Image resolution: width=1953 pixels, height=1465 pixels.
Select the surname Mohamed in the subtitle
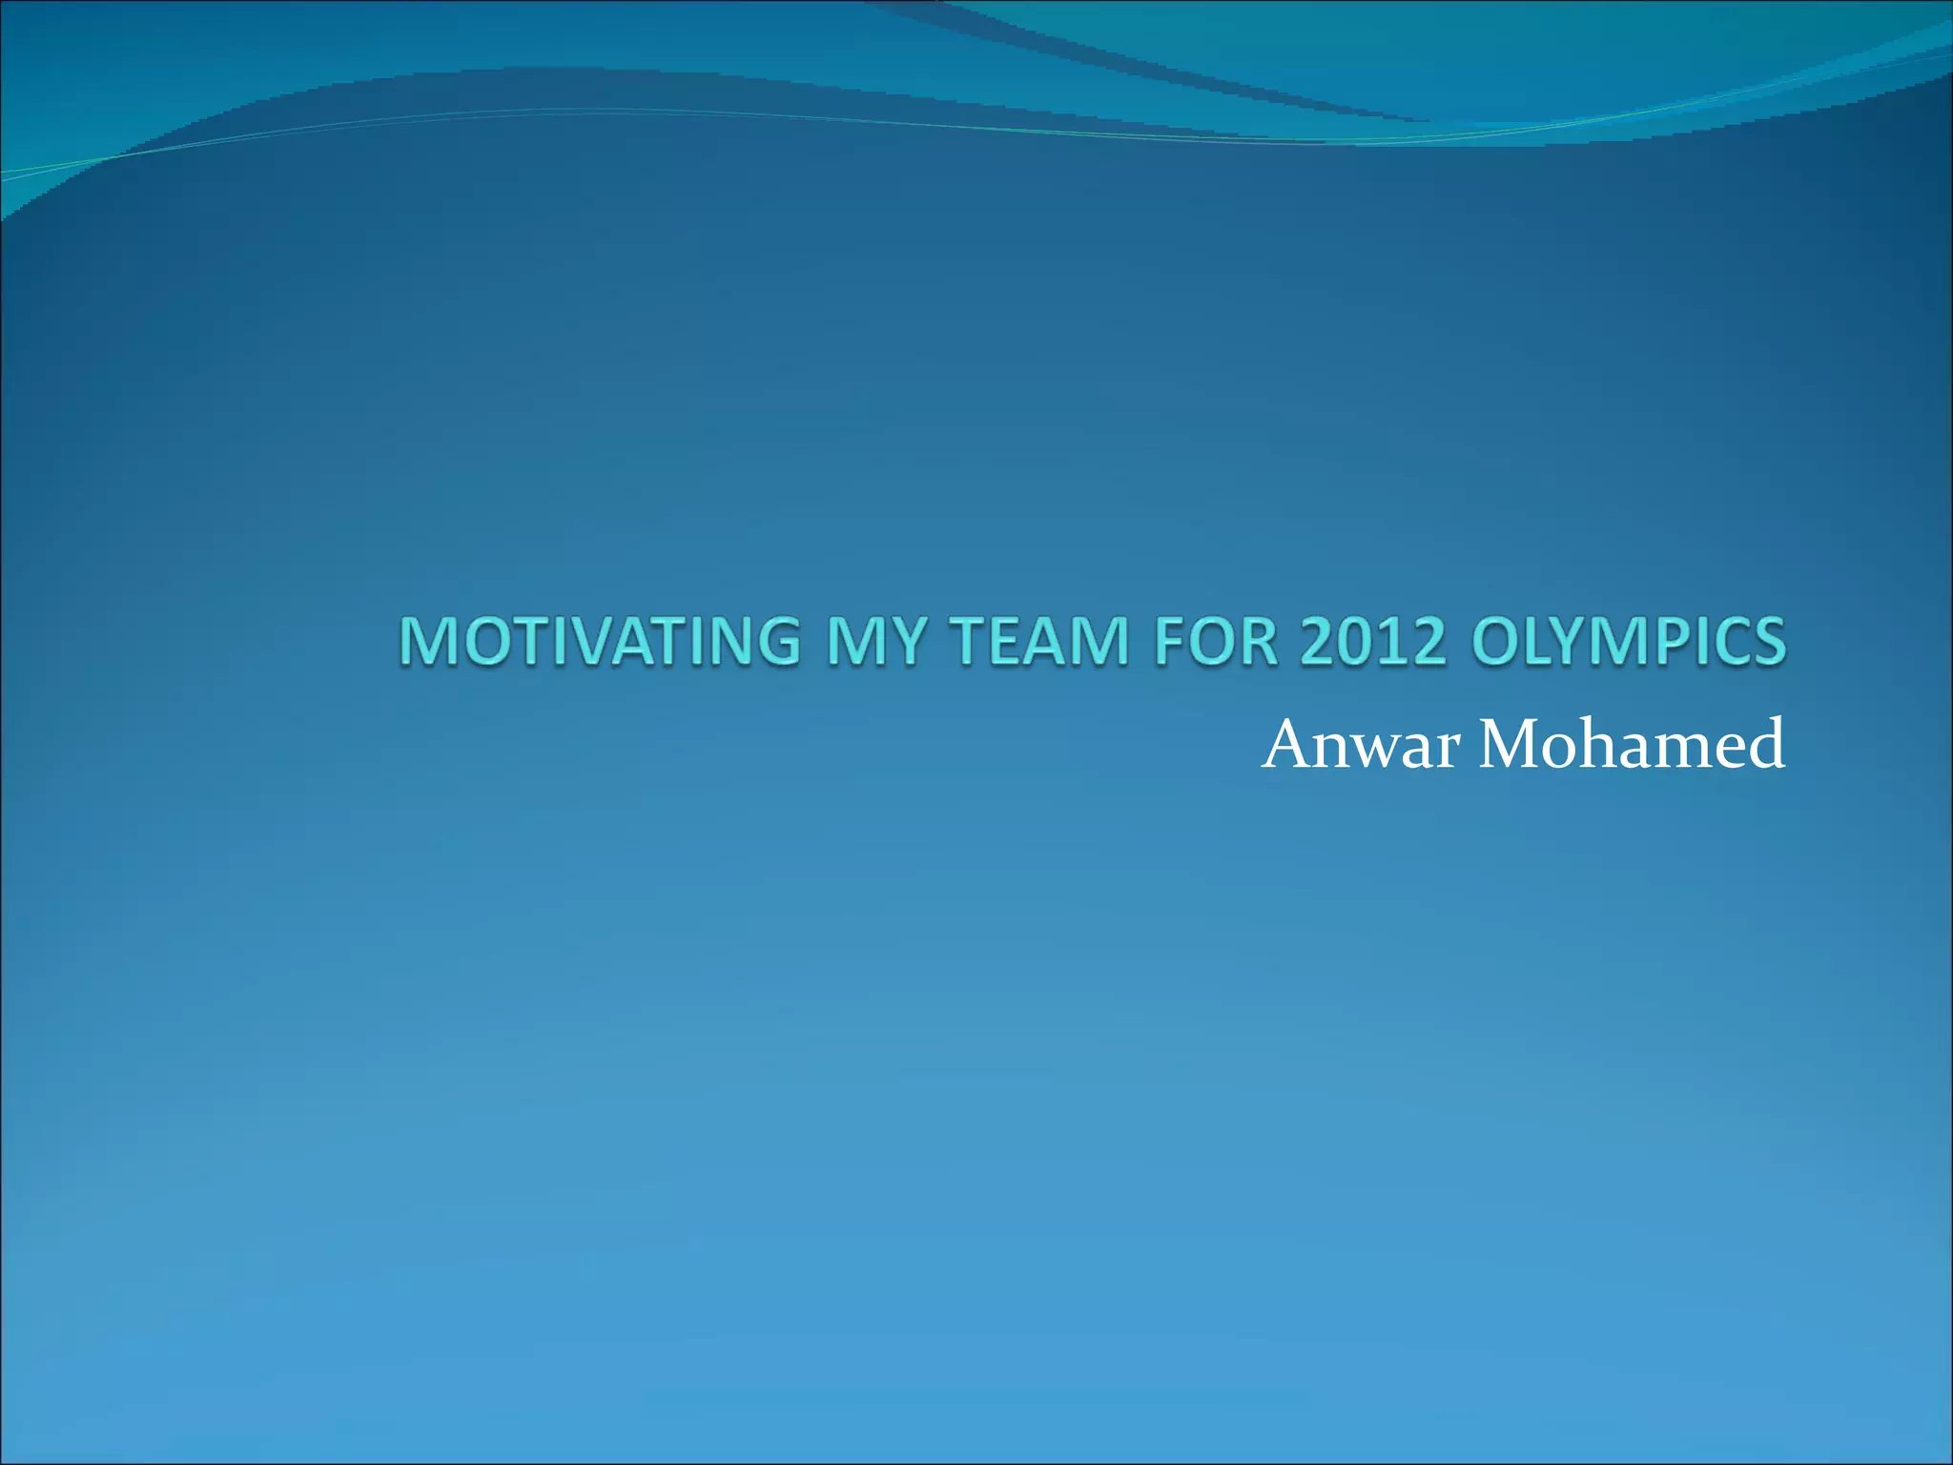1632,745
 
